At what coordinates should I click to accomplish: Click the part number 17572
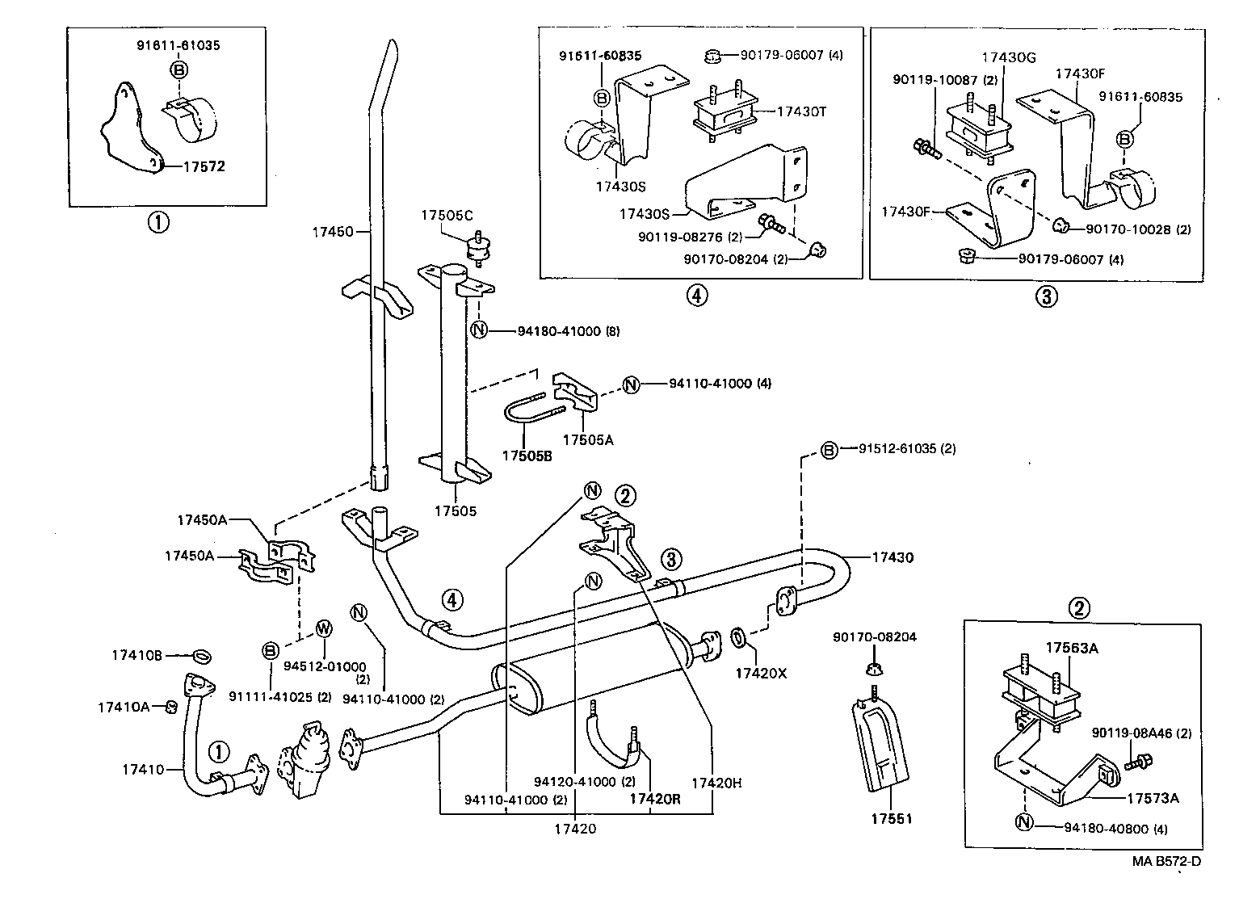pyautogui.click(x=204, y=167)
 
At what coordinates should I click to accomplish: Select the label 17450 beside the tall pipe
pyautogui.click(x=332, y=232)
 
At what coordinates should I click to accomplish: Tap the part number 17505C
pyautogui.click(x=447, y=215)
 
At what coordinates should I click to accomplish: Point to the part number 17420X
pyautogui.click(x=760, y=672)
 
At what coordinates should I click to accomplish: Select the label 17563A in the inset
pyautogui.click(x=1072, y=648)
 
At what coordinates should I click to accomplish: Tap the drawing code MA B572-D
pyautogui.click(x=1165, y=861)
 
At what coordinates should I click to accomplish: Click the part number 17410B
pyautogui.click(x=136, y=655)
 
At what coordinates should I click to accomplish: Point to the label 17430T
pyautogui.click(x=802, y=111)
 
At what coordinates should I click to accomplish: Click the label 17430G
pyautogui.click(x=1008, y=57)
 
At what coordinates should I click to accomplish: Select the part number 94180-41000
pyautogui.click(x=558, y=330)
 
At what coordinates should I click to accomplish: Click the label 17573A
pyautogui.click(x=1153, y=798)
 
